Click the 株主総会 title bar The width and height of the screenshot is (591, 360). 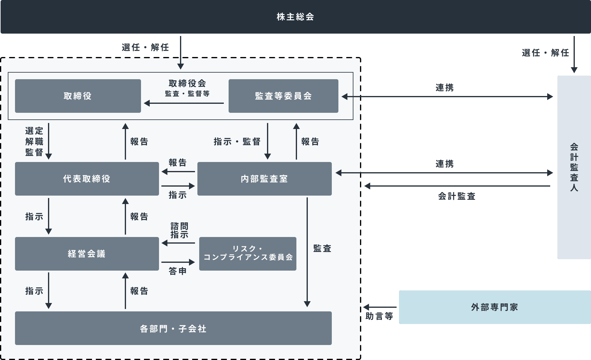tap(295, 17)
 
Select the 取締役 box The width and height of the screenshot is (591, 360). tap(78, 96)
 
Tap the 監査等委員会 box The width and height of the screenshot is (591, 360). tap(283, 96)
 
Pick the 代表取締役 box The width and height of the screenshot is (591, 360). tap(87, 179)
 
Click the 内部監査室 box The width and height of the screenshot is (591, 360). tap(264, 179)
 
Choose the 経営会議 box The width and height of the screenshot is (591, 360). tap(87, 254)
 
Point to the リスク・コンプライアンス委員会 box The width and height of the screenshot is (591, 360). tap(247, 254)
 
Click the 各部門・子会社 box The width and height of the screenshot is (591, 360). tap(173, 328)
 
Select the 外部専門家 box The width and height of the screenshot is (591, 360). tap(495, 307)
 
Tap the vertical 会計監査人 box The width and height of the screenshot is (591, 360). tap(574, 167)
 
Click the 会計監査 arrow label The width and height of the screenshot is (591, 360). tap(457, 196)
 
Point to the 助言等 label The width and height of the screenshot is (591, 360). tap(379, 316)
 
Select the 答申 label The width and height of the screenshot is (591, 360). tap(178, 271)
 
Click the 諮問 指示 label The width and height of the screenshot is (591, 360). tap(179, 230)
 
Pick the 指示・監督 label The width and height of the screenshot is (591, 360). tap(237, 142)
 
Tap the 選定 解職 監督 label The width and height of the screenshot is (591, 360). tap(34, 142)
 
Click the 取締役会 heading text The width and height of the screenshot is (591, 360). tap(187, 83)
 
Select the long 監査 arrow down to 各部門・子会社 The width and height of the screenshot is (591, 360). tap(307, 252)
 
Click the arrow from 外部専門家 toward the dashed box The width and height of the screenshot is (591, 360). tap(380, 307)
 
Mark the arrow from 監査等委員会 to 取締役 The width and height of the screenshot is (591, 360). tap(184, 103)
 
